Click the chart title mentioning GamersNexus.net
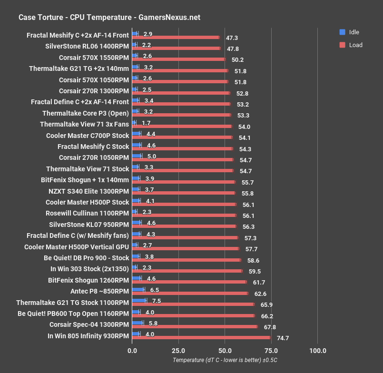tap(109, 18)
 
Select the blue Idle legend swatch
tap(342, 32)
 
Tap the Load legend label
tap(355, 45)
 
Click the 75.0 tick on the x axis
tap(271, 351)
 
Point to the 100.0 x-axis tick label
tap(318, 351)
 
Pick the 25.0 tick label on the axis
tap(178, 351)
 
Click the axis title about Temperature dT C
tap(225, 361)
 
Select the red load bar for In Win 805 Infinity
tap(201, 338)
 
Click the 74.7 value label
tap(283, 338)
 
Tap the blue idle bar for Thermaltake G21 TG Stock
tap(139, 300)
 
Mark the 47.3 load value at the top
tap(232, 38)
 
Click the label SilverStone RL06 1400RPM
tap(87, 46)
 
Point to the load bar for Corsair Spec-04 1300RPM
tap(195, 326)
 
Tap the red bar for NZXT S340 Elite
tap(184, 193)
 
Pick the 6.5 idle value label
tap(155, 289)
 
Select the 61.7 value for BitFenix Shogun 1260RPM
tap(259, 282)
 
